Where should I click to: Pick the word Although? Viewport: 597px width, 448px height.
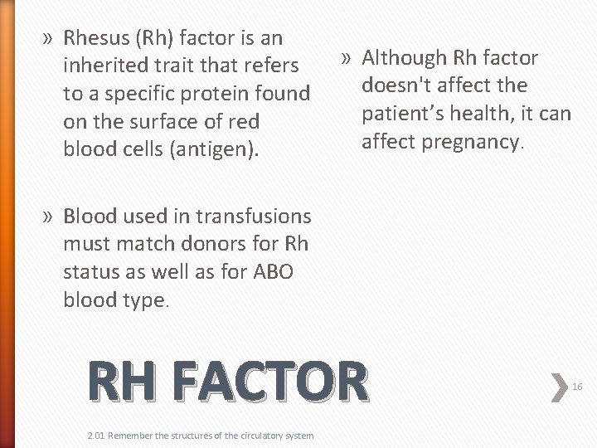404,58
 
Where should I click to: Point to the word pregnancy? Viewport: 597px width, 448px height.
469,142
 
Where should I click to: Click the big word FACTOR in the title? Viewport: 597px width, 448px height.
270,382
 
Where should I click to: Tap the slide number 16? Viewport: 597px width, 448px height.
578,386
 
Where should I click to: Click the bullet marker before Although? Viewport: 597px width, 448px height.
347,59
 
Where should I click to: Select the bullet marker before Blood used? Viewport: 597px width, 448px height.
49,217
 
